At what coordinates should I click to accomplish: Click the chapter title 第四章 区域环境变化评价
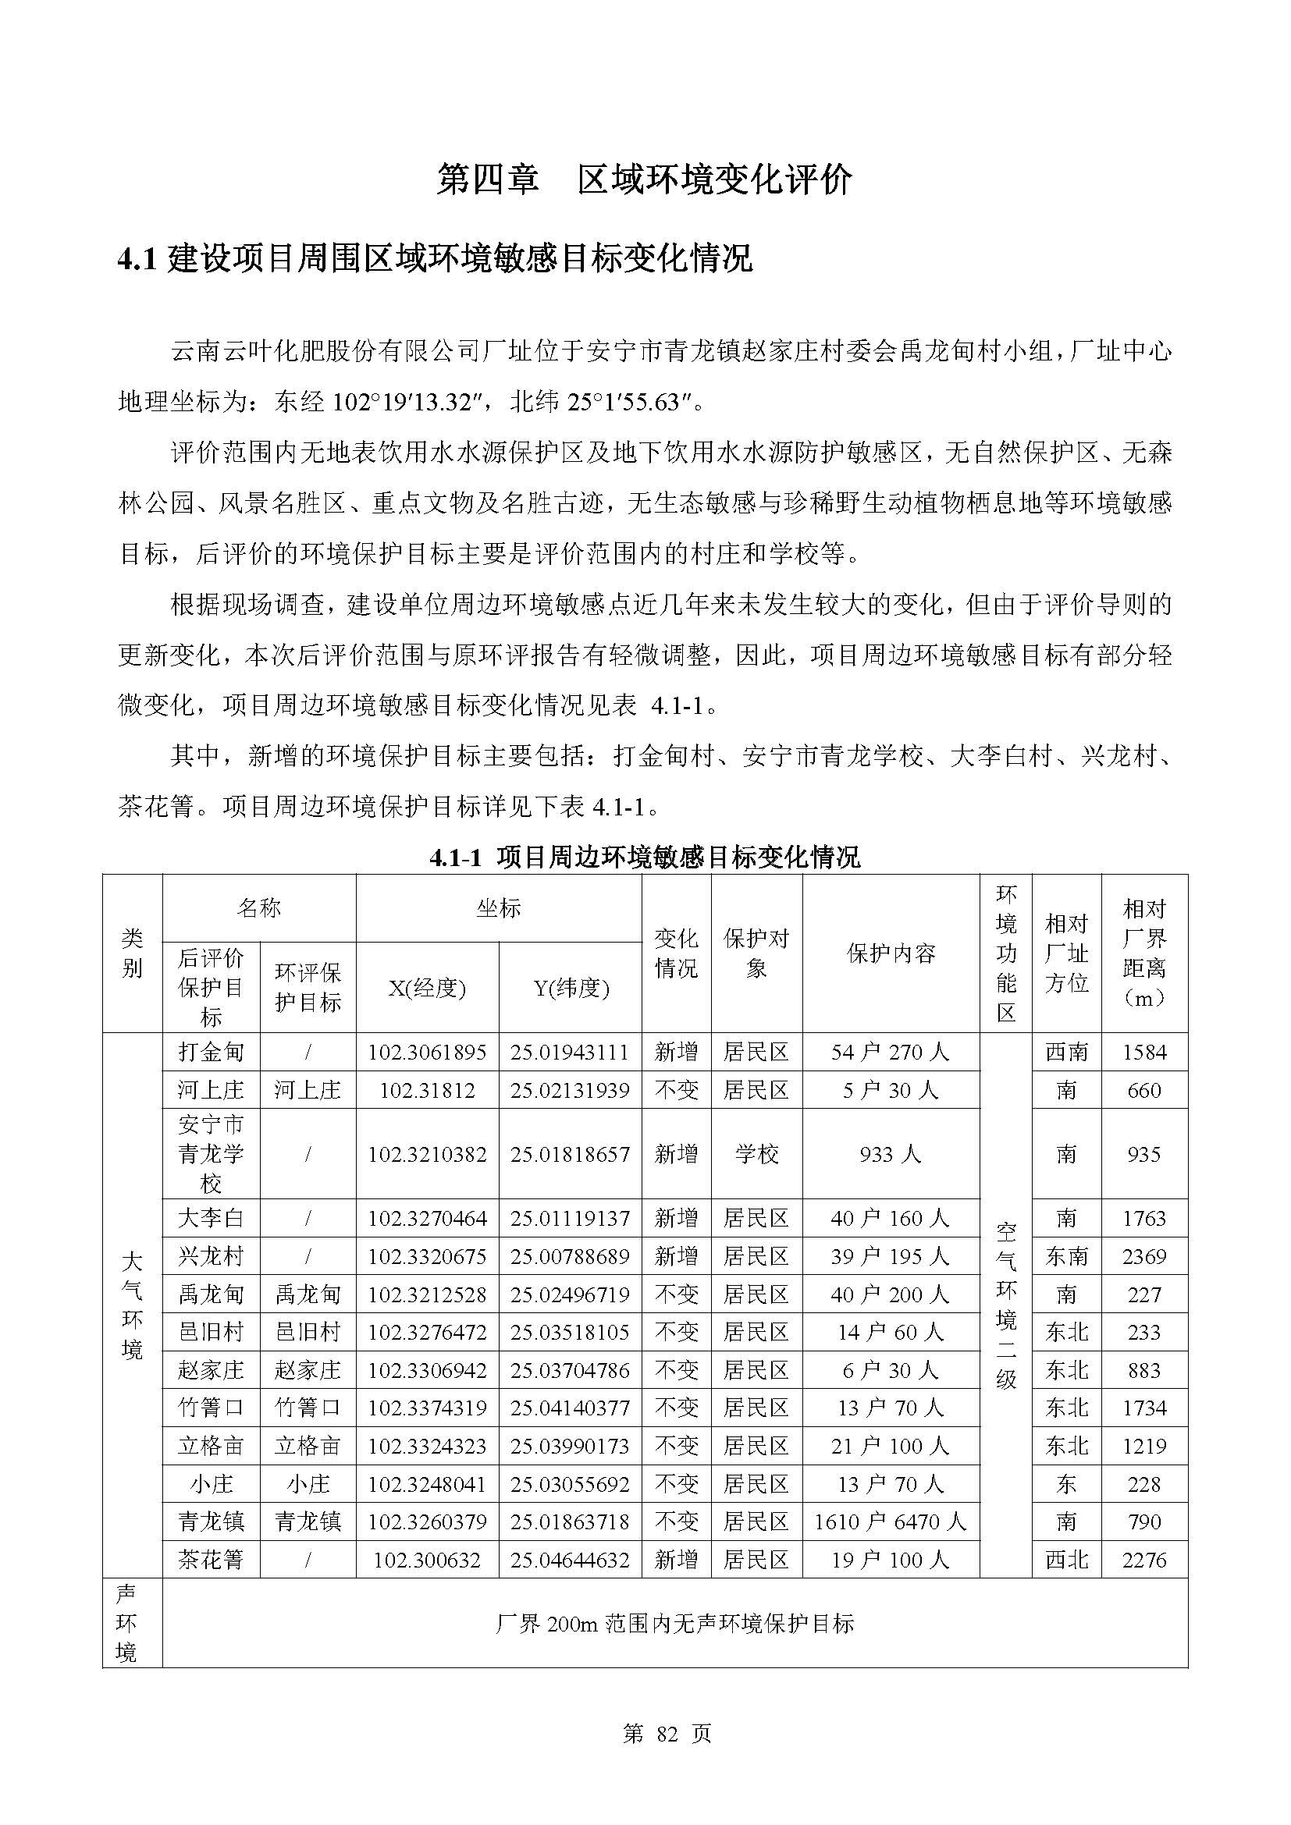pos(645,180)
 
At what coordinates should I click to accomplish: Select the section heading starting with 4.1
pos(435,259)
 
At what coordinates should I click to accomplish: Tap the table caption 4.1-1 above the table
pos(645,857)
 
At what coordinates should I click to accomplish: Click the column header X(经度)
pos(427,988)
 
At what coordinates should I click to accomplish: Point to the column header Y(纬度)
pos(570,988)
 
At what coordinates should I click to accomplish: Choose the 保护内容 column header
pos(891,953)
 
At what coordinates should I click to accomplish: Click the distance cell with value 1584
pos(1144,1053)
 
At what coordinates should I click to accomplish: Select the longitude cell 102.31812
pos(427,1090)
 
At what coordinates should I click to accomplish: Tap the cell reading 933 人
pos(891,1154)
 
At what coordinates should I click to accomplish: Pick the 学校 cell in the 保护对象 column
pos(756,1154)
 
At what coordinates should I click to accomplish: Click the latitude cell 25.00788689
pos(570,1257)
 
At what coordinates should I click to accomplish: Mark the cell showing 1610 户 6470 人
pos(891,1521)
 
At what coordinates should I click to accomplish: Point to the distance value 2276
pos(1144,1560)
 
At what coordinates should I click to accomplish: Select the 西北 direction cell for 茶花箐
pos(1066,1560)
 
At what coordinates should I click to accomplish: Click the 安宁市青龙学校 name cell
pos(211,1154)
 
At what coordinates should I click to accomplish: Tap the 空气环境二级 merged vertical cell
pos(1005,1305)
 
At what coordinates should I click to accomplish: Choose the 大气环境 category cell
pos(132,1305)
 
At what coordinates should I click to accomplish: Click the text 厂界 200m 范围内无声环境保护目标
pos(674,1623)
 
